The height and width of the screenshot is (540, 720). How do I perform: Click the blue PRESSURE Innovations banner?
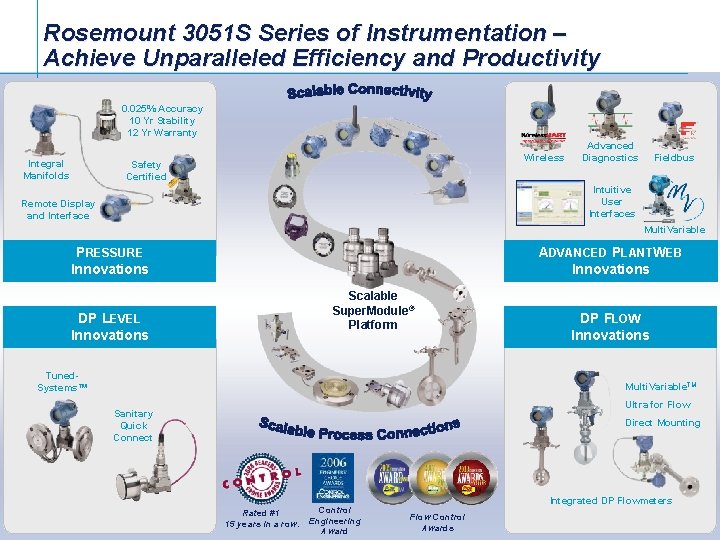pos(110,261)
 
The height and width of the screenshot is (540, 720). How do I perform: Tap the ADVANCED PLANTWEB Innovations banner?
pos(610,261)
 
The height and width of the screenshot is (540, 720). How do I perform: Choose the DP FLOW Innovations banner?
pos(610,327)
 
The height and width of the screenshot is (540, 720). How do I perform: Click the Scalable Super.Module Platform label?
pos(373,310)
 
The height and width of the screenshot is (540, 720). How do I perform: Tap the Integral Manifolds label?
pos(46,170)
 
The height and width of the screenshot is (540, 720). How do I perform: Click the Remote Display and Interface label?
pos(58,209)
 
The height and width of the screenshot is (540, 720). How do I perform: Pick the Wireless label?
pos(544,158)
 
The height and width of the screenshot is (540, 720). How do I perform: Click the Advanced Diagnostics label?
pos(610,152)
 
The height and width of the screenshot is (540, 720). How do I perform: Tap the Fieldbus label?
pos(674,158)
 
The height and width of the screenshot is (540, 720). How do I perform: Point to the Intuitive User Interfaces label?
pos(612,201)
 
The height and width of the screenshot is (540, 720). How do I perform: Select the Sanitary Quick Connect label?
pos(133,425)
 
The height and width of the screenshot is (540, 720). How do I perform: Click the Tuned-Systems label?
pos(63,382)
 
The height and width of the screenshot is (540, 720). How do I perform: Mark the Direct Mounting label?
pos(662,423)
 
